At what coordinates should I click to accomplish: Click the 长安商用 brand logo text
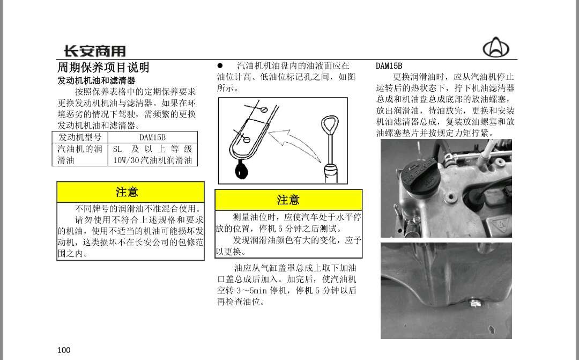(95, 50)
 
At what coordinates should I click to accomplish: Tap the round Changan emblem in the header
(496, 47)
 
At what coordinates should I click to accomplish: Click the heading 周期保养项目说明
(103, 68)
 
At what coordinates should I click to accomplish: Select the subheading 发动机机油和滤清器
(96, 80)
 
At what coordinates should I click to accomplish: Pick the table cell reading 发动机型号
(80, 137)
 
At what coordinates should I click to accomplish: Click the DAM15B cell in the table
(152, 137)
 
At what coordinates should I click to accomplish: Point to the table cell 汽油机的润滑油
(80, 155)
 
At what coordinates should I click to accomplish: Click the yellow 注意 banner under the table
(130, 192)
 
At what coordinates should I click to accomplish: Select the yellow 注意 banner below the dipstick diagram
(288, 200)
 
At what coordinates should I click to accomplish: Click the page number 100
(64, 350)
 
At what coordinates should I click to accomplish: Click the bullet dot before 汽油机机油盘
(220, 66)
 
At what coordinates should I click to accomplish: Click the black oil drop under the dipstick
(241, 171)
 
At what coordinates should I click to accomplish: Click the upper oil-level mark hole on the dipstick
(264, 109)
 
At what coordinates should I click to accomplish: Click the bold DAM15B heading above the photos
(389, 66)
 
